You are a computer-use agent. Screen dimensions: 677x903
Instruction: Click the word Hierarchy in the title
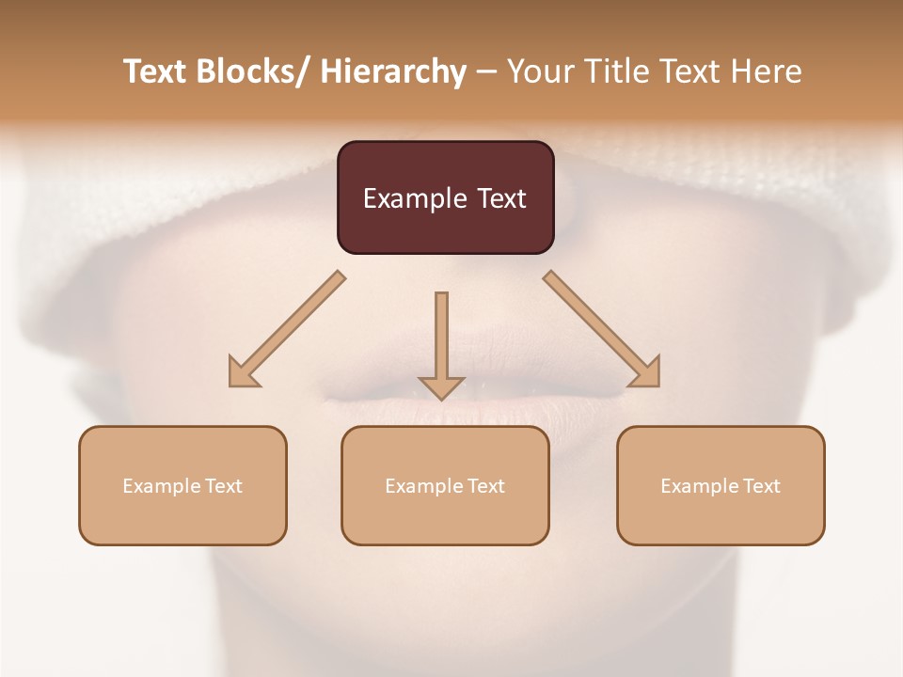coord(393,71)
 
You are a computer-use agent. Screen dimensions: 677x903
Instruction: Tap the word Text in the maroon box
coord(501,198)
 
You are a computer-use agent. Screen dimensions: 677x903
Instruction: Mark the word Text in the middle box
coord(486,486)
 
